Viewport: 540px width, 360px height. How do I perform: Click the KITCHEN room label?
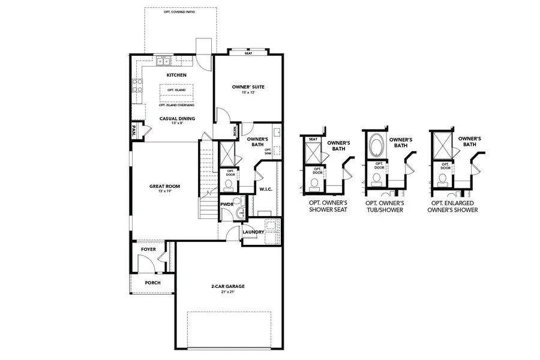[176, 75]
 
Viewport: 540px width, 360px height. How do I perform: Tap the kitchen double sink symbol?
[164, 61]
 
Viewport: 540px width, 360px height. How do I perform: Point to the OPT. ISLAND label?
[176, 90]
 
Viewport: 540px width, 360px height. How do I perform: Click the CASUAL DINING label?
[176, 118]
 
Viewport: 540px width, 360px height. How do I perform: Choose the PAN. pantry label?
[134, 131]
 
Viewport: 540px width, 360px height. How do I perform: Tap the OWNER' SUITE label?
[248, 87]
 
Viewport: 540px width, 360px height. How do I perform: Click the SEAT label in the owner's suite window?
[248, 53]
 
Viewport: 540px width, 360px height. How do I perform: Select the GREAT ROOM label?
[164, 186]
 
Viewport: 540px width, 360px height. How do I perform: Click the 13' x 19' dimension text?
[164, 191]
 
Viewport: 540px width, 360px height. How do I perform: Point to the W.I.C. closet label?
[266, 190]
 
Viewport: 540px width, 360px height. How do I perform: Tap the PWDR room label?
[227, 204]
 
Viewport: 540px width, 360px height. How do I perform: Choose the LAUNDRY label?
[254, 232]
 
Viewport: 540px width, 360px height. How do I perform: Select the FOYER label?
[148, 249]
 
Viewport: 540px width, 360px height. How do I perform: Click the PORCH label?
[153, 283]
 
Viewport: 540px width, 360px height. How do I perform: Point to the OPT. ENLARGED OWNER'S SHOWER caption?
[454, 206]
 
